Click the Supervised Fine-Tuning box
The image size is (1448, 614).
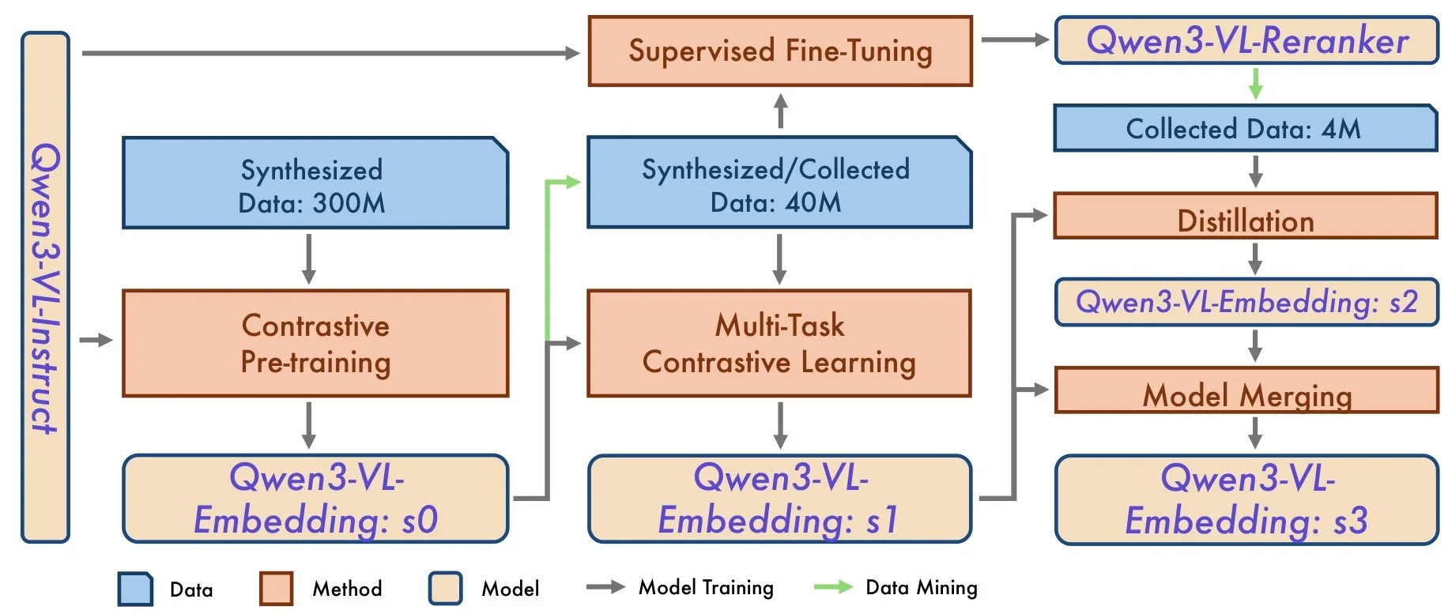pos(780,51)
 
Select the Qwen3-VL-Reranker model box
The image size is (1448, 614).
pos(1246,40)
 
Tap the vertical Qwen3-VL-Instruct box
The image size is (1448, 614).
pos(45,287)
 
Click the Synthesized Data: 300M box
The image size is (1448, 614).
pos(315,183)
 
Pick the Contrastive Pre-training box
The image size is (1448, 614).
pos(315,343)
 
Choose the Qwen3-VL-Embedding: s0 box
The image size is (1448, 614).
pos(315,498)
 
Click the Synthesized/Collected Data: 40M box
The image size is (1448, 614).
pos(779,183)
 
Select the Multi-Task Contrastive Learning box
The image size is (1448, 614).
pos(779,343)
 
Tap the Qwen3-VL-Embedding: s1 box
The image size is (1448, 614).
pos(779,498)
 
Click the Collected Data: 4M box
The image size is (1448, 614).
pos(1246,128)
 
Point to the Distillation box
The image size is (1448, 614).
pos(1246,215)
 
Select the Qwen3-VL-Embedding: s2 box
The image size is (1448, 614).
pos(1246,302)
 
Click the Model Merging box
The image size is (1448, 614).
pos(1246,390)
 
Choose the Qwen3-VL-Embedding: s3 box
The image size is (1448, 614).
pos(1246,499)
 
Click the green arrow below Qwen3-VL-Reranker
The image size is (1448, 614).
pos(1255,83)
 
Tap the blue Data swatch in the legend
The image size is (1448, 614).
pos(135,589)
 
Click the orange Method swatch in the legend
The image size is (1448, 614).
pos(276,589)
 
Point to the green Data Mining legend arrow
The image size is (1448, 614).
pos(833,587)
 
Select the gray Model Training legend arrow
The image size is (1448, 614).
pos(605,587)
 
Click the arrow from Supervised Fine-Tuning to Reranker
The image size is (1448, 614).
pos(1015,40)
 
